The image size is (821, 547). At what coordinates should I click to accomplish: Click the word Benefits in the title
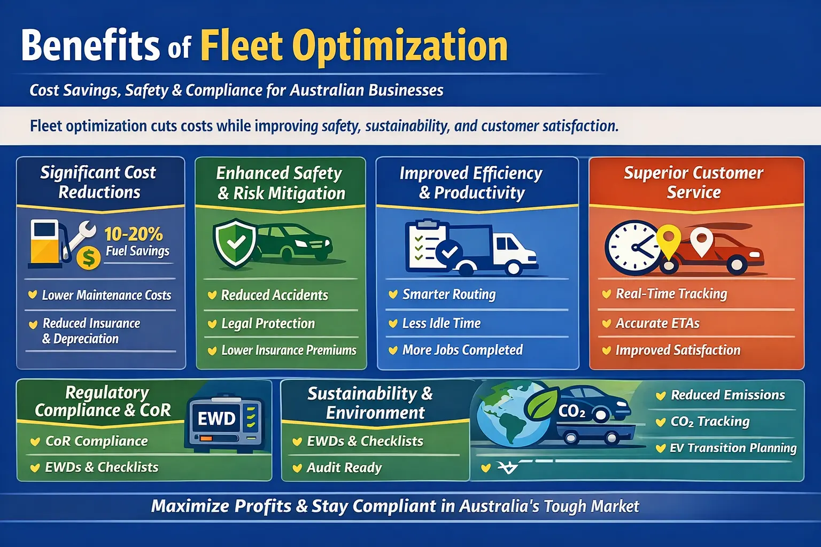(x=90, y=45)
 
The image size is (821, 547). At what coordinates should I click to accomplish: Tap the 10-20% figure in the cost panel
(x=134, y=234)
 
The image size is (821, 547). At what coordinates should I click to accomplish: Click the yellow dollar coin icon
(x=89, y=258)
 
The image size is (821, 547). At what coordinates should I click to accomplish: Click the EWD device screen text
(x=216, y=418)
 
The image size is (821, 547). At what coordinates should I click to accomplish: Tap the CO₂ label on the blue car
(x=572, y=412)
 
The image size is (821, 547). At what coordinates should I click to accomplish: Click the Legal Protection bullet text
(x=268, y=324)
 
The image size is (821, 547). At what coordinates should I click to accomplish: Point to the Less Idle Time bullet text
(x=442, y=323)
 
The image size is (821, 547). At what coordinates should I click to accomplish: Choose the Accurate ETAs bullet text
(x=657, y=323)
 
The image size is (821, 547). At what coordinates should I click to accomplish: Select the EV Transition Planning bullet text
(x=733, y=448)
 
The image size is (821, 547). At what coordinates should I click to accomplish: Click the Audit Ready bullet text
(x=344, y=467)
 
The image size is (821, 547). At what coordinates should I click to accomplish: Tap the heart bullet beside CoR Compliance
(x=35, y=441)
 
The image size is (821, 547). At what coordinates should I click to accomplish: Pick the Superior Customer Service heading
(x=693, y=183)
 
